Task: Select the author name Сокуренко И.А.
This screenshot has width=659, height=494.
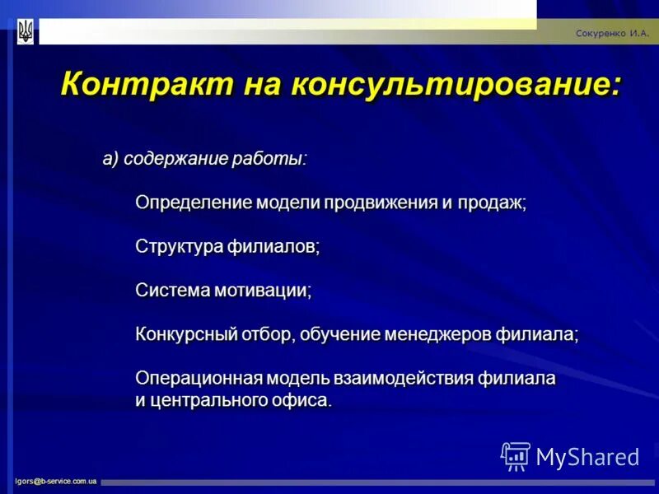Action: (x=612, y=34)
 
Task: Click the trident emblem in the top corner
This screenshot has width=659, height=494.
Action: (x=26, y=32)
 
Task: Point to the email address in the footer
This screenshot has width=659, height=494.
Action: (x=55, y=480)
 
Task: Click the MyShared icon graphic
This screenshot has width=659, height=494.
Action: (x=516, y=456)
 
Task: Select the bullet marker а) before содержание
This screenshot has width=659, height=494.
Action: (x=111, y=159)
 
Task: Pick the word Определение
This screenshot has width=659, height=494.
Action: (x=193, y=203)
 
